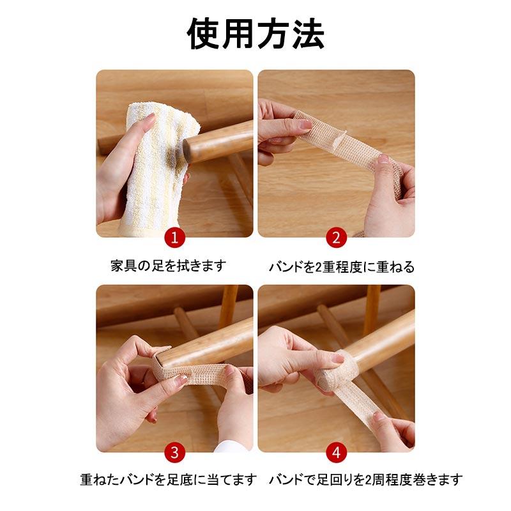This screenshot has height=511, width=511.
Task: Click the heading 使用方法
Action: pyautogui.click(x=256, y=33)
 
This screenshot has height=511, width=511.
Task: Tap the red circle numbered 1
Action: pyautogui.click(x=174, y=238)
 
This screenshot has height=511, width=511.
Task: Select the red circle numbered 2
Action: pyautogui.click(x=336, y=238)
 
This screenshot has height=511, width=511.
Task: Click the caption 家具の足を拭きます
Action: pyautogui.click(x=168, y=266)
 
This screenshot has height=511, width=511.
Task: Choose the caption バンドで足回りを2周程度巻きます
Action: pyautogui.click(x=365, y=479)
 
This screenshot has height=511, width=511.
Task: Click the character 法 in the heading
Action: pyautogui.click(x=307, y=33)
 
